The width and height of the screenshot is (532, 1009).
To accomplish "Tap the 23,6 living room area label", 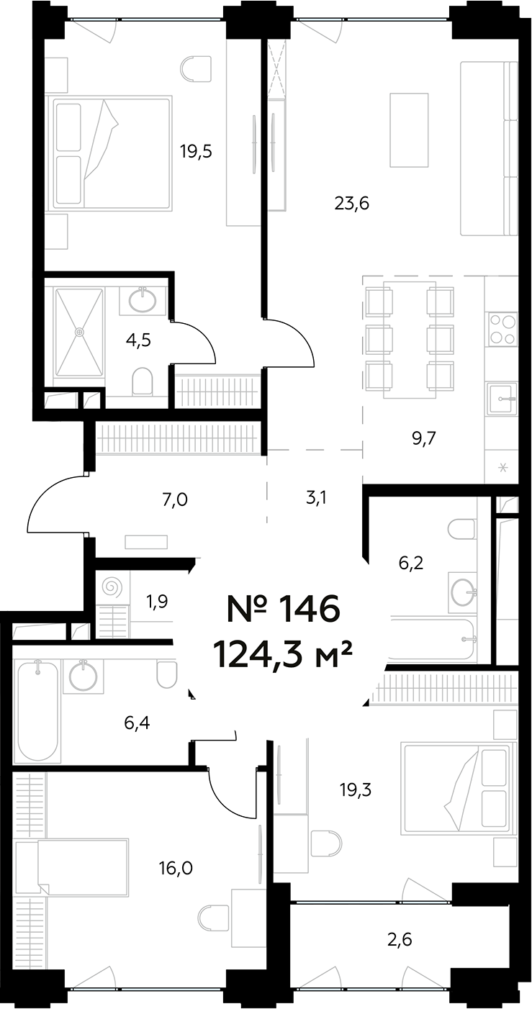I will tap(352, 204).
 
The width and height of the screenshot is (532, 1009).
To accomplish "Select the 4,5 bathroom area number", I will tap(140, 340).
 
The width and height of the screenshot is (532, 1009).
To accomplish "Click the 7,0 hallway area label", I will tap(175, 498).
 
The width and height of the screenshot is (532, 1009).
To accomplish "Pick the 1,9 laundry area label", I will tap(157, 601).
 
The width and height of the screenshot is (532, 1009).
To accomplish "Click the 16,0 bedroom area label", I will tap(176, 868).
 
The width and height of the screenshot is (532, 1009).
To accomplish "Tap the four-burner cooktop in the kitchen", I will tap(502, 329).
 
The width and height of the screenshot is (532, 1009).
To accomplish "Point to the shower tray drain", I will tap(79, 332).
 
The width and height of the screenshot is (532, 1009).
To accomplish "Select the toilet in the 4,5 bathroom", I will tap(143, 381).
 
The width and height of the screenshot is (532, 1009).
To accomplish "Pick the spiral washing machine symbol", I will tap(112, 587).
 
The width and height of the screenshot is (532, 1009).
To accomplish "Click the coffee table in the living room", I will tap(409, 130).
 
